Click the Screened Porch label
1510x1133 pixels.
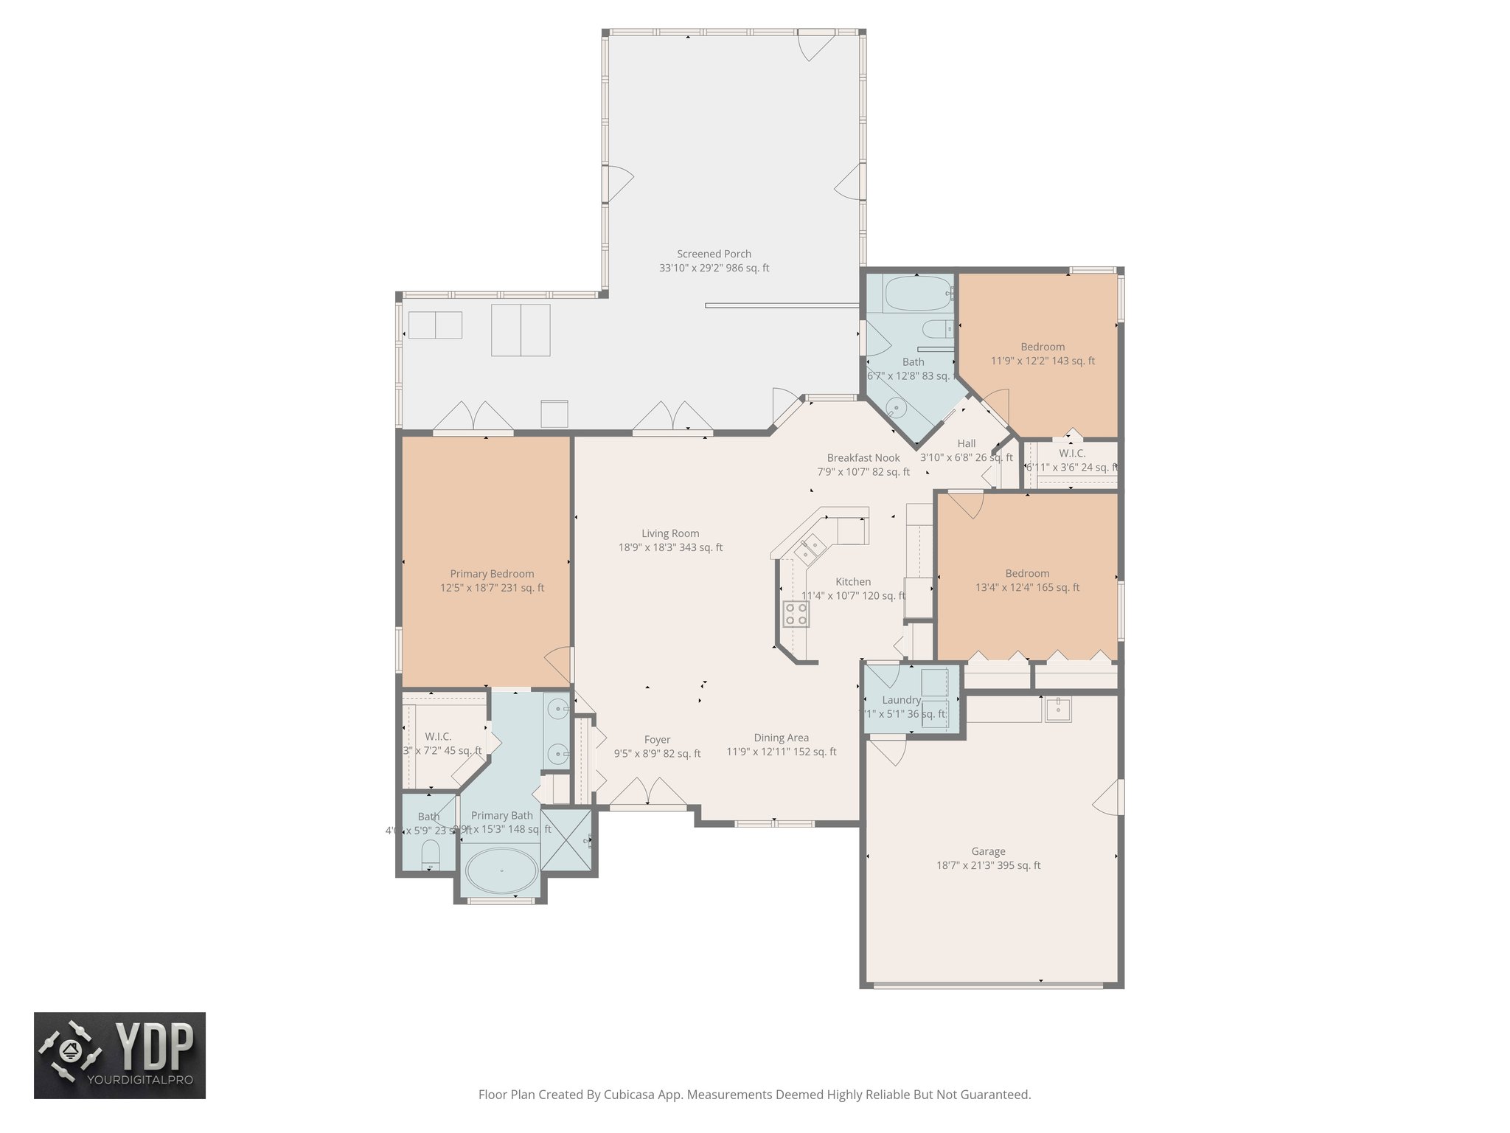(714, 254)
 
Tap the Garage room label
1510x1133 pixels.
(988, 851)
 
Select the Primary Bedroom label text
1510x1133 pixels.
(492, 574)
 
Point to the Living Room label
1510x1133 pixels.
(670, 533)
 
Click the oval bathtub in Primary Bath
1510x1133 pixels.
(502, 870)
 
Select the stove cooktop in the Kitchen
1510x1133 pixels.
(796, 614)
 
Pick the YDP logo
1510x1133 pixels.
(119, 1055)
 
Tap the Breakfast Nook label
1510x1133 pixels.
(863, 458)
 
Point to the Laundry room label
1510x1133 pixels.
(901, 700)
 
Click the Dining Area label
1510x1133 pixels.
(781, 738)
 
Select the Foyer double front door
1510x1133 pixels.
(648, 800)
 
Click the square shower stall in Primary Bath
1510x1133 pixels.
(567, 840)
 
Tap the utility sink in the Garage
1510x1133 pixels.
(1058, 709)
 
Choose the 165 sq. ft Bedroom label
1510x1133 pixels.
(1027, 574)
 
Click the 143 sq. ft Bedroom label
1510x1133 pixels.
(1043, 347)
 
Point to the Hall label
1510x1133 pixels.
(966, 443)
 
